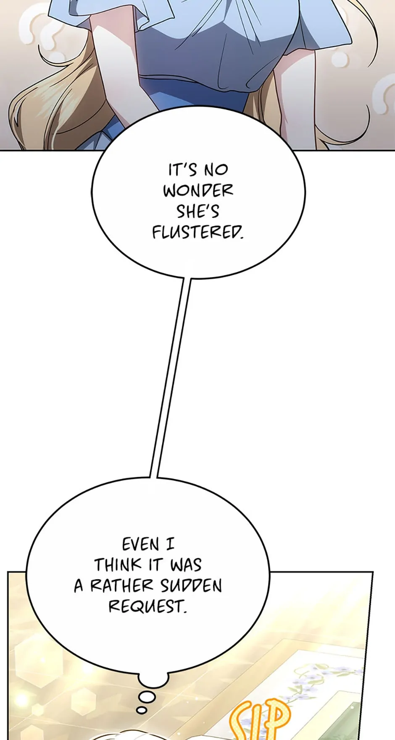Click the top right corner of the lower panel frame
[x=373, y=572]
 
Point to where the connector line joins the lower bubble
[x=153, y=477]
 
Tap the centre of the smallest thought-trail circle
[x=142, y=710]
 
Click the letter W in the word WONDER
[x=171, y=191]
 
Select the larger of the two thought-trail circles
[x=147, y=697]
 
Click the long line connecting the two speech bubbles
[x=170, y=378]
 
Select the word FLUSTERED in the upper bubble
[x=197, y=232]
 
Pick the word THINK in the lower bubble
[x=118, y=565]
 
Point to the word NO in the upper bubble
[x=216, y=170]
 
